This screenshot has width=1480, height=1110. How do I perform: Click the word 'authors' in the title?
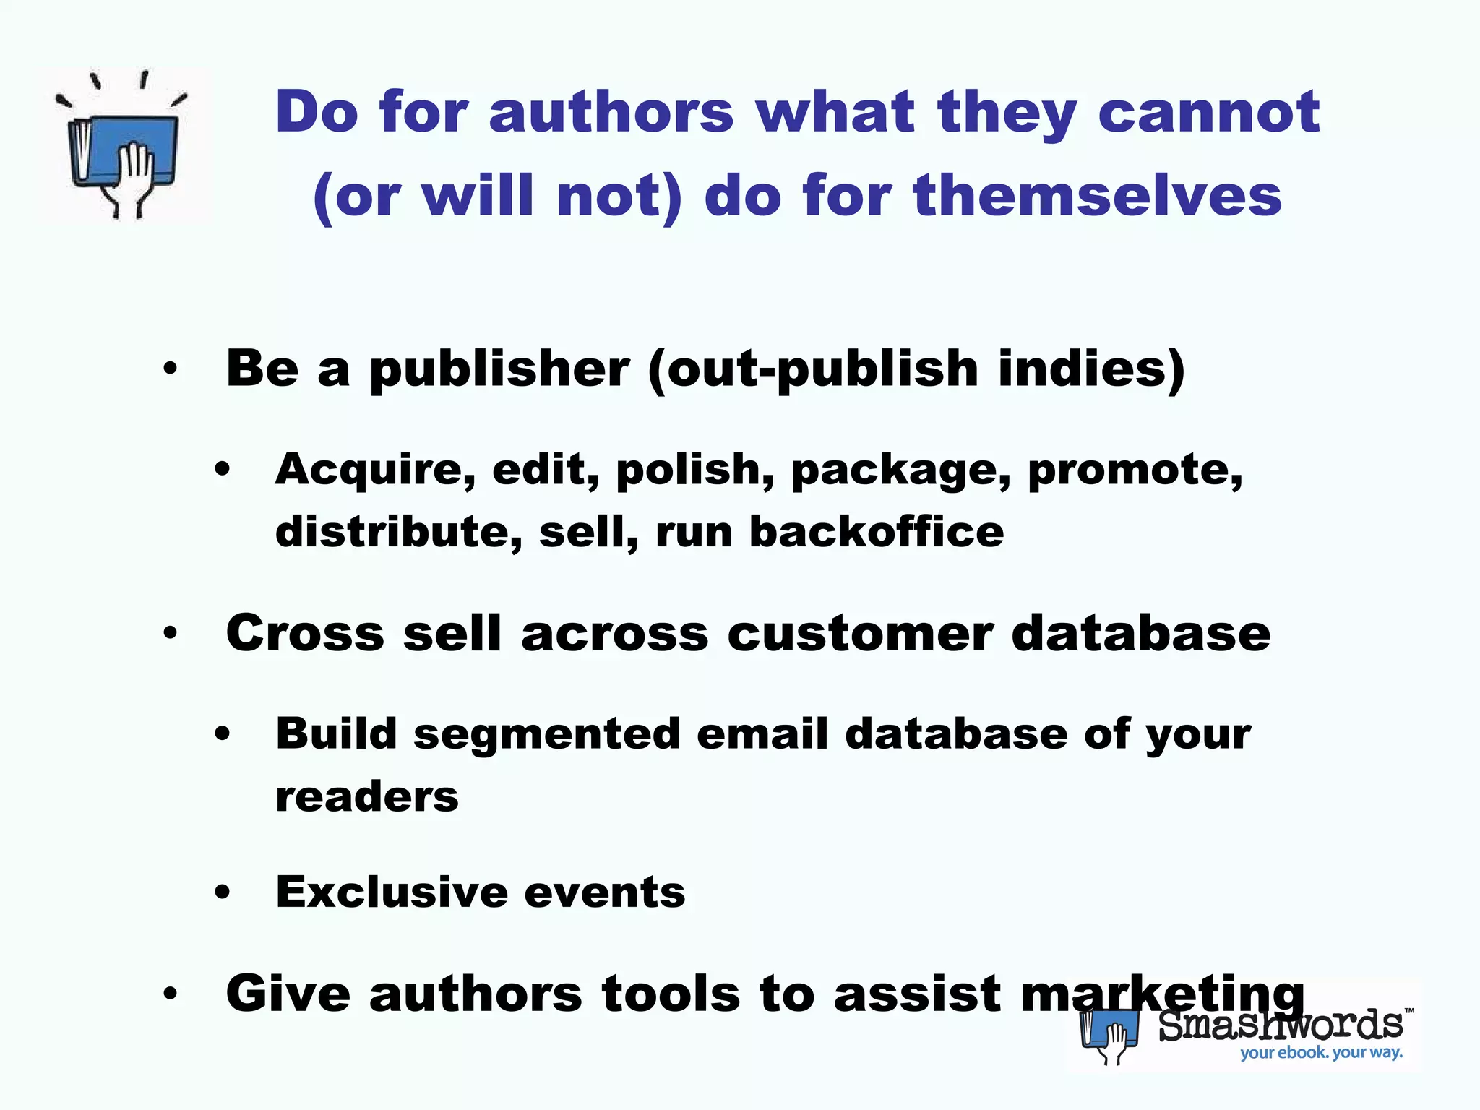(611, 113)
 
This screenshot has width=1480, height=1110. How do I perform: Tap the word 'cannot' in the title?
(1209, 113)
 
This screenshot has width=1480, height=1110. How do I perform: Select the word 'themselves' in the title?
(1098, 197)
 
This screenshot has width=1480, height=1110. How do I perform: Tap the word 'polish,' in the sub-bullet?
(695, 470)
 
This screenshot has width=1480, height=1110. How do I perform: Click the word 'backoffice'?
(877, 533)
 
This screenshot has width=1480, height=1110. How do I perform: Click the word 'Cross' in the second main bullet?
(305, 634)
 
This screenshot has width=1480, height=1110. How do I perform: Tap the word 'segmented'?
(547, 735)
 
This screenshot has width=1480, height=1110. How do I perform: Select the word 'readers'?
(367, 797)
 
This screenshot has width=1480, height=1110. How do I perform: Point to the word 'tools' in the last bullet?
(671, 994)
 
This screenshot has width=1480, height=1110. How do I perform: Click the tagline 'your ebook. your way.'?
(1321, 1052)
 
